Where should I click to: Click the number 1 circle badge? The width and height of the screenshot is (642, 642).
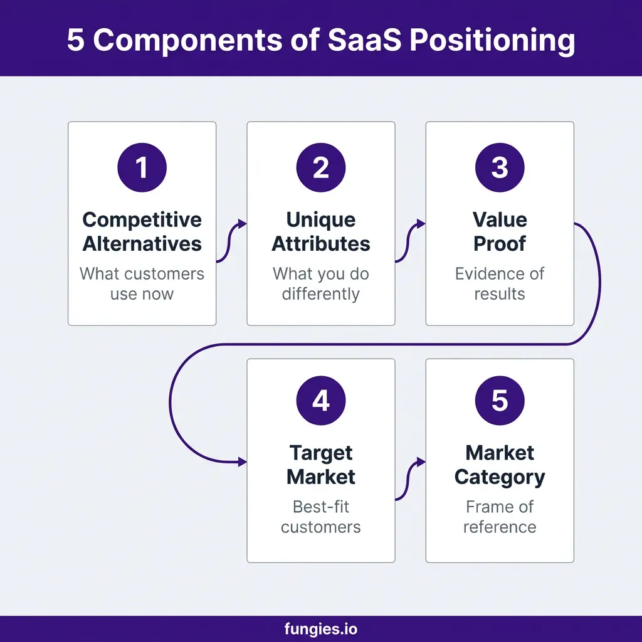click(142, 167)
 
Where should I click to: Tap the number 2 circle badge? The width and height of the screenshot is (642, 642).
click(321, 167)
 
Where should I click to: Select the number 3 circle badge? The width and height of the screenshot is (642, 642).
click(500, 167)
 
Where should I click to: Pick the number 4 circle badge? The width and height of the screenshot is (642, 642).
click(321, 401)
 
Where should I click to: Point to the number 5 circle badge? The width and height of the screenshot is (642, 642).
click(500, 401)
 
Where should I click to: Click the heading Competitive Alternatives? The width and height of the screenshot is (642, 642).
click(142, 232)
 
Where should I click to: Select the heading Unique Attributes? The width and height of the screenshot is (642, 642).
click(321, 232)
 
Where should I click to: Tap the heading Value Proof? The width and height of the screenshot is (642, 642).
click(500, 232)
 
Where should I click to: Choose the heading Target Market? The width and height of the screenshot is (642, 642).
click(321, 465)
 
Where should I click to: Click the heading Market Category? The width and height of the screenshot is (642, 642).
click(500, 465)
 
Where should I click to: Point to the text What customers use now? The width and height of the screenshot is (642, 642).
click(142, 284)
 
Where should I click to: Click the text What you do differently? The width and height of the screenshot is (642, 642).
click(321, 284)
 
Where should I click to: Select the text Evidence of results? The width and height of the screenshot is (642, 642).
click(500, 284)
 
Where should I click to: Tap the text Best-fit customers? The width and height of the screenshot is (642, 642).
click(321, 517)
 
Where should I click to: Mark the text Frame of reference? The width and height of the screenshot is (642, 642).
click(500, 517)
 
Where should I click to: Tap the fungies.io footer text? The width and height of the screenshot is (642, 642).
click(321, 629)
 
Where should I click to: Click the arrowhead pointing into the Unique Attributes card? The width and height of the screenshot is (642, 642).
click(243, 224)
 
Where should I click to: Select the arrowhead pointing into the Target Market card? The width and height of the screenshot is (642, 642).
click(243, 462)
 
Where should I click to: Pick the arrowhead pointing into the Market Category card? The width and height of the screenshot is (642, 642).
click(421, 462)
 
